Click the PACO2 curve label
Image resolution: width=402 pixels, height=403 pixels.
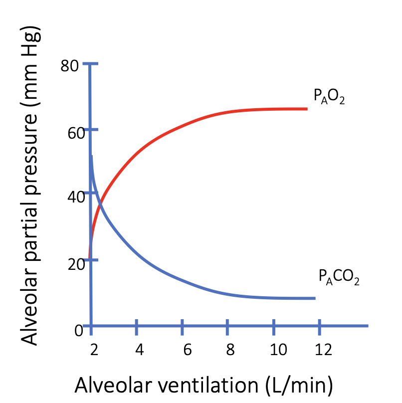[x=339, y=277]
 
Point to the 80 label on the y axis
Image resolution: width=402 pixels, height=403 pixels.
[x=70, y=65]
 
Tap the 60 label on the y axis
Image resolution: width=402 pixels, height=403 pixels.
[x=70, y=131]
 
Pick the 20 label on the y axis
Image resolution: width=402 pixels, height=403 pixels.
[x=70, y=263]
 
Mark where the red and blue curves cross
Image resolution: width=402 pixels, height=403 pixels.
[x=100, y=202]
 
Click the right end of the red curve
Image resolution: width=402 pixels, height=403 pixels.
[x=306, y=109]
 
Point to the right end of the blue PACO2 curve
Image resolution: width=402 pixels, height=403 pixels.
[x=314, y=298]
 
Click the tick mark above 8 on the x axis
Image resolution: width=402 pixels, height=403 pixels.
[x=228, y=326]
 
